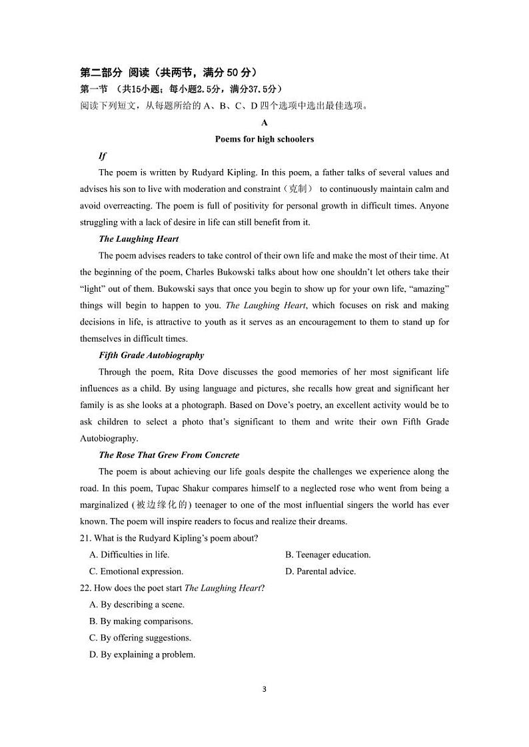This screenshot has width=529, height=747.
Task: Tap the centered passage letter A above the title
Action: tap(264, 123)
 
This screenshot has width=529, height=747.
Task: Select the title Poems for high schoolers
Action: tap(264, 139)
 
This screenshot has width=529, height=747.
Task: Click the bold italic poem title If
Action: tap(103, 156)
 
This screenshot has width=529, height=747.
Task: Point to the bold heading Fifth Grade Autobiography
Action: tap(151, 356)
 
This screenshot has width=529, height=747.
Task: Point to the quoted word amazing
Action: tap(426, 289)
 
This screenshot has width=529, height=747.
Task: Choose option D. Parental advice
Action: tap(320, 571)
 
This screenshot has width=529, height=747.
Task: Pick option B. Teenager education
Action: tap(328, 555)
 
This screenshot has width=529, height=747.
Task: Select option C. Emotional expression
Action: tap(136, 571)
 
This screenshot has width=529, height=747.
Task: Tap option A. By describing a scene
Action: tap(137, 605)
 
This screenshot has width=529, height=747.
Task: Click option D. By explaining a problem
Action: tap(142, 654)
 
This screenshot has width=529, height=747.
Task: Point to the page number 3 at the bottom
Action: tap(264, 689)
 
